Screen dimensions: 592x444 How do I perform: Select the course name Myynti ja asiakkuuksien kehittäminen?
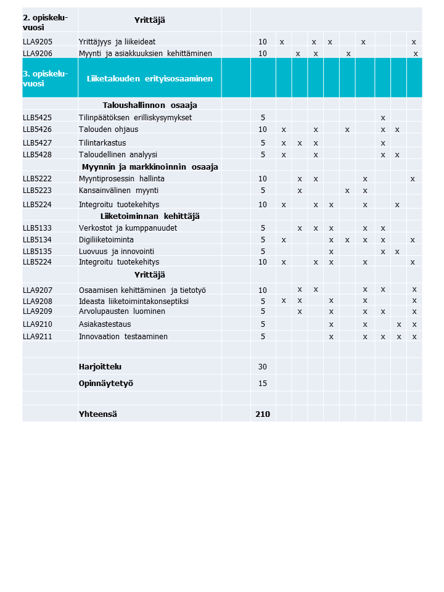[142, 54]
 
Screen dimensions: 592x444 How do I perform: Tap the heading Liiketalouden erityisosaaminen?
[150, 78]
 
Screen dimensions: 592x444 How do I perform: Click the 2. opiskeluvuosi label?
[44, 22]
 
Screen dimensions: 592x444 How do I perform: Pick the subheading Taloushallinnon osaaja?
[150, 105]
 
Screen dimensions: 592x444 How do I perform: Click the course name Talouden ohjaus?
[109, 129]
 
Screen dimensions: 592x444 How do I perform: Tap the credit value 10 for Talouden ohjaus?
[263, 129]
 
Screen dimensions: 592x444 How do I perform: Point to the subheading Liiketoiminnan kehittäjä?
[150, 216]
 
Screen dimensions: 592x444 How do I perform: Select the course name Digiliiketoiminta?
[106, 239]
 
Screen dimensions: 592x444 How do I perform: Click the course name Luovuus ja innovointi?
[117, 252]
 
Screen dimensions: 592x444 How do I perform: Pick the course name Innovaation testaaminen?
[123, 337]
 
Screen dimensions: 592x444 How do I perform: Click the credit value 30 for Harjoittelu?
[263, 366]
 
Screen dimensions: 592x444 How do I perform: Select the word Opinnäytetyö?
[106, 383]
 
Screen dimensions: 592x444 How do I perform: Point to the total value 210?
[263, 414]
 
